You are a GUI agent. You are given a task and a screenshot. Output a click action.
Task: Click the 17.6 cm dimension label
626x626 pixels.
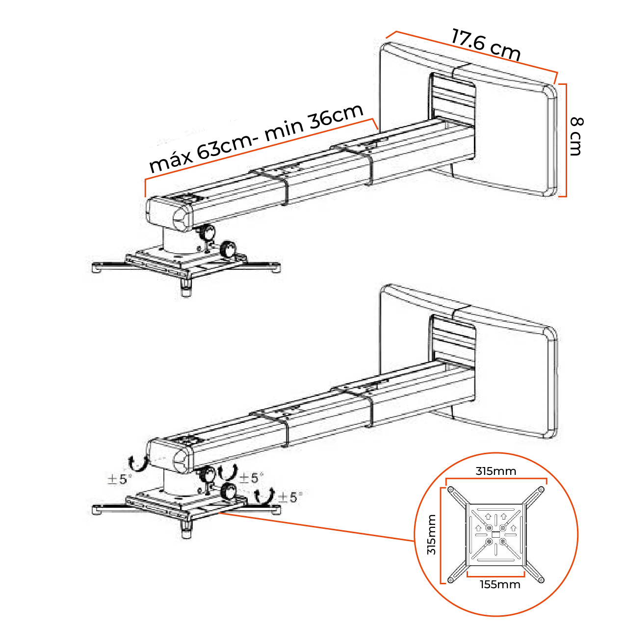(485, 44)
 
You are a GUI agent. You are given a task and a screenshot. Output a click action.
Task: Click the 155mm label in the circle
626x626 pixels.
(500, 584)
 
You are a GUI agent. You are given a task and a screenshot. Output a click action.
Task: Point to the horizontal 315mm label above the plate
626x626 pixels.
(496, 471)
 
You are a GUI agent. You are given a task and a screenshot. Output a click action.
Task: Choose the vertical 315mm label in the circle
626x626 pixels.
(431, 534)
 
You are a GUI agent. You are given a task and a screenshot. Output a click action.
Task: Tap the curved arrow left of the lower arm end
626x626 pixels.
(137, 462)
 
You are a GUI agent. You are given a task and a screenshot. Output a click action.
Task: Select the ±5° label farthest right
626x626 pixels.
(289, 497)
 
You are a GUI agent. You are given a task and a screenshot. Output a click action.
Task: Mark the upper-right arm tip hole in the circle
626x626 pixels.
(541, 489)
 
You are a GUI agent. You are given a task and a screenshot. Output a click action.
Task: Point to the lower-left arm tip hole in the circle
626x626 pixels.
(450, 580)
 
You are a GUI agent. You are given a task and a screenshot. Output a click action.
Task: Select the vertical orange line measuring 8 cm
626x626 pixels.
(566, 140)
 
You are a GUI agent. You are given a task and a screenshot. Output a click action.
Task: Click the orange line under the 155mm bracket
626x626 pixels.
(496, 575)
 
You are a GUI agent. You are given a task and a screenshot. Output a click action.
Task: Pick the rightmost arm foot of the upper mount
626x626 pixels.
(275, 268)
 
